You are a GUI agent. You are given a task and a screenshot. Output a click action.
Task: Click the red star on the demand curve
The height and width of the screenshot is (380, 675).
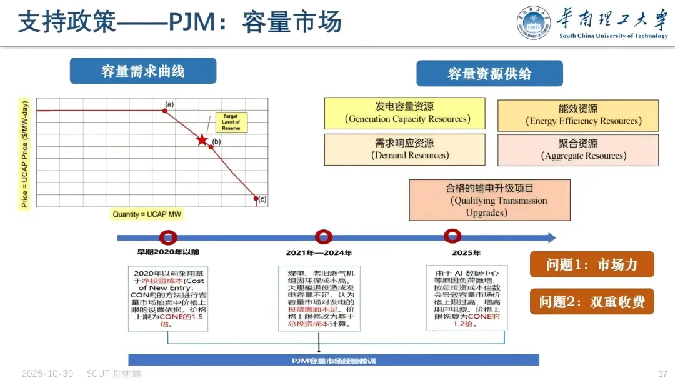coord(202,139)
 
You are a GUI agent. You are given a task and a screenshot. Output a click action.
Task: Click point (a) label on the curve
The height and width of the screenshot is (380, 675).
coord(169,104)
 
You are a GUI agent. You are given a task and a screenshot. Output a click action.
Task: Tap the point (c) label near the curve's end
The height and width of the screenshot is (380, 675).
coord(262,200)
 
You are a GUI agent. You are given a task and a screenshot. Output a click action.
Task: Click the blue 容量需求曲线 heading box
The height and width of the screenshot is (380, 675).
coord(143,71)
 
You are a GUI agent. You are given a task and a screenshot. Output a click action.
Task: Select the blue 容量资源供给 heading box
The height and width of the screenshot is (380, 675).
coord(489,74)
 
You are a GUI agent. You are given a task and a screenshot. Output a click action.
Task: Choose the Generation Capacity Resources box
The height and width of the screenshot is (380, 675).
coord(404,113)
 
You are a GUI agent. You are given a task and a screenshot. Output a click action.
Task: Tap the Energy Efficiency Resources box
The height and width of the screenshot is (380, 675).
coord(578,115)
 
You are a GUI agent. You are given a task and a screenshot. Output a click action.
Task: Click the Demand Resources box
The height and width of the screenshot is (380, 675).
coord(404,149)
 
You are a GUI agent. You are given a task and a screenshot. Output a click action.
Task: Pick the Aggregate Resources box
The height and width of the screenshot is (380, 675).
coord(578,150)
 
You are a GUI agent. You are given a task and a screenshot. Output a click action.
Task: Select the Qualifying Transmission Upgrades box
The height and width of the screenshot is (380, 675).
coord(489,200)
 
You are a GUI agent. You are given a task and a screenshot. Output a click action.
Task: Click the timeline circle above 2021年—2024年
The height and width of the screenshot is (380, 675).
coord(324,237)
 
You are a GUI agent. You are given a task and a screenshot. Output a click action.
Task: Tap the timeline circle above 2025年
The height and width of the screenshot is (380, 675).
coord(452,236)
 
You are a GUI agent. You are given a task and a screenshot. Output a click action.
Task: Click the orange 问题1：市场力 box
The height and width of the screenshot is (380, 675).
coord(592,264)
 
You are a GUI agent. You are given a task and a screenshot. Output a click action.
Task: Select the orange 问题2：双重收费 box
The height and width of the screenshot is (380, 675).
coord(592,302)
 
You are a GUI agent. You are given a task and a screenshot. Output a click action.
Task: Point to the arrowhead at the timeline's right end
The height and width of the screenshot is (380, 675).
coord(551,237)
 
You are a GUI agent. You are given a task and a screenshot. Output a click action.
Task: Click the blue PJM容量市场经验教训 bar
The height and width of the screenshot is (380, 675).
coord(334,360)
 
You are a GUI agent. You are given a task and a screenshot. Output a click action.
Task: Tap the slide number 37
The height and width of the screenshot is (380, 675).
coord(662,374)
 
